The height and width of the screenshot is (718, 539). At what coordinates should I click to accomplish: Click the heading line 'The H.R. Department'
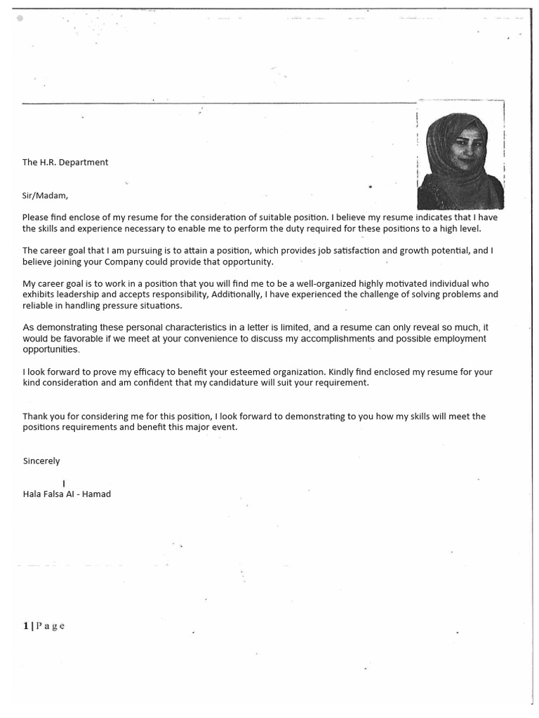(65, 162)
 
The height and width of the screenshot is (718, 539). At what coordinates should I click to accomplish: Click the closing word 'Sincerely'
(41, 461)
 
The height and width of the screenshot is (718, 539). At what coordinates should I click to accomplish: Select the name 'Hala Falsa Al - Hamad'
(67, 494)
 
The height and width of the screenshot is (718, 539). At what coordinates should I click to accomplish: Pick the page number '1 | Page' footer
(44, 626)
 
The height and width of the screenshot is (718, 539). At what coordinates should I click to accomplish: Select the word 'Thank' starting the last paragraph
(35, 416)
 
